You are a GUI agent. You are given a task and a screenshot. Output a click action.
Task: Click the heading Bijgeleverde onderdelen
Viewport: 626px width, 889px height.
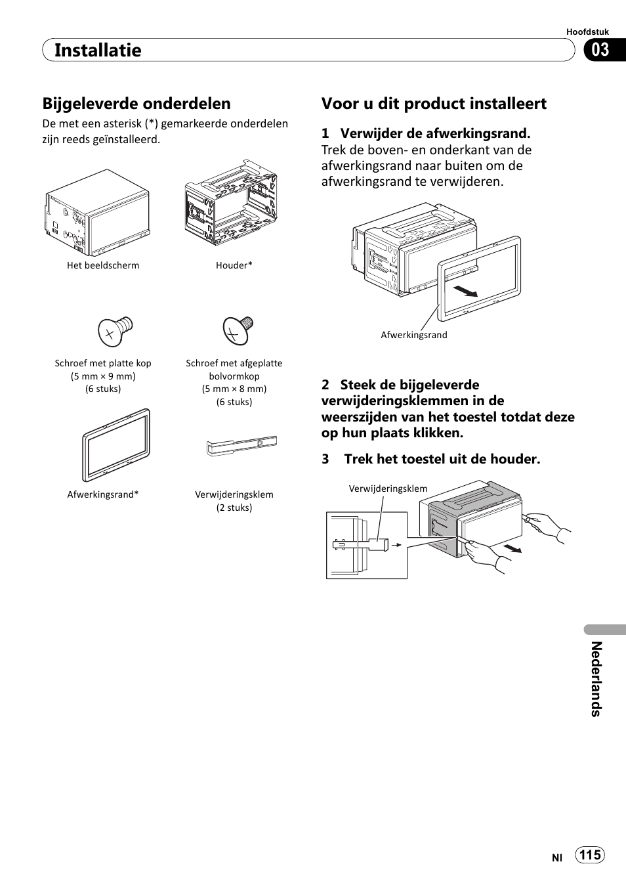pos(136,104)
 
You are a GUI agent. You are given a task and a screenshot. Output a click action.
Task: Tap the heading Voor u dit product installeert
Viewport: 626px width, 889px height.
pos(434,104)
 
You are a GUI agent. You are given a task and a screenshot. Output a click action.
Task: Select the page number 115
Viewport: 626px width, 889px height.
pos(590,855)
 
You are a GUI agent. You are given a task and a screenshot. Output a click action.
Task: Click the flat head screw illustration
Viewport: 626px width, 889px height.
pos(115,330)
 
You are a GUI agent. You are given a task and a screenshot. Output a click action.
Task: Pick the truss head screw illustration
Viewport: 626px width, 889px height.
pos(237,330)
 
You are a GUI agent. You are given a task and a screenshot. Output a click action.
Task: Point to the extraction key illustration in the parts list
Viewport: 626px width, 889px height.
pos(241,446)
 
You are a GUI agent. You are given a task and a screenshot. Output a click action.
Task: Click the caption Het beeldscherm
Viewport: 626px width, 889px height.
pos(103,266)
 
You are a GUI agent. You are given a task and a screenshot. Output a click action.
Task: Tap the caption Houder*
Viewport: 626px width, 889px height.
pos(234,266)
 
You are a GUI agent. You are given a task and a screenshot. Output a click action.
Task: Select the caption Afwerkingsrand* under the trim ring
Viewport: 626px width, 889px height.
pos(103,495)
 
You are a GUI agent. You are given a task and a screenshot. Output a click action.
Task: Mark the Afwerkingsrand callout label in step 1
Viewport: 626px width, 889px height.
pos(414,335)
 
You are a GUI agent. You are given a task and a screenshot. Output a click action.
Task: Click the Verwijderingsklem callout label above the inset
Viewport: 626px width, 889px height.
pos(388,489)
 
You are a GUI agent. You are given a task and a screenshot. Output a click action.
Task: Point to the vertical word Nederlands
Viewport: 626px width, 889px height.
pos(596,679)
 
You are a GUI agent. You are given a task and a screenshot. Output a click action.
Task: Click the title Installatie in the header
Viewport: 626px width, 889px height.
pos(98,51)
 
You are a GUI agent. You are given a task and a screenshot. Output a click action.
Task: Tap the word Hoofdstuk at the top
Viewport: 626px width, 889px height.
pos(587,32)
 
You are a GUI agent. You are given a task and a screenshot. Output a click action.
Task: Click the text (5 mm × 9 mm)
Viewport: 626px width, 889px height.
pos(103,376)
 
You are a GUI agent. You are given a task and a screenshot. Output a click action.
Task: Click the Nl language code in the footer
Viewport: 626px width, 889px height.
pos(557,857)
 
